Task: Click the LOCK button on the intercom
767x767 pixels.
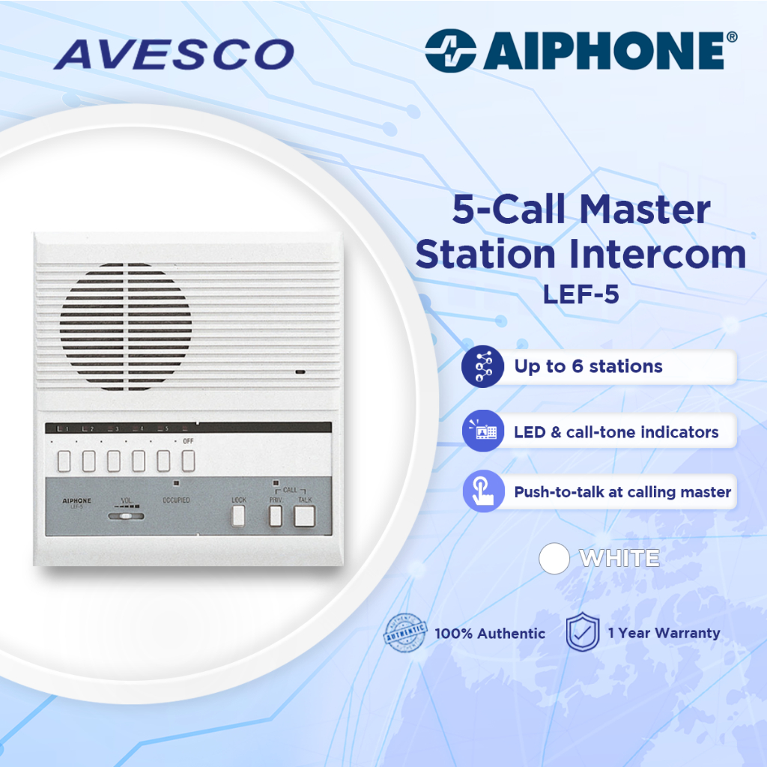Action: (x=238, y=515)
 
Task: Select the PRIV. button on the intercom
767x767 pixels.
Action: (x=275, y=515)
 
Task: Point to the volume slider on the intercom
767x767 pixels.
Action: (x=125, y=515)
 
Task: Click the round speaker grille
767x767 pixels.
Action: (x=126, y=327)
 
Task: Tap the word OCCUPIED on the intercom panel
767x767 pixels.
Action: (x=175, y=500)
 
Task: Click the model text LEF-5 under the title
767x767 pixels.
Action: (x=581, y=294)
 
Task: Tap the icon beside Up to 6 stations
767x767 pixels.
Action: (x=483, y=366)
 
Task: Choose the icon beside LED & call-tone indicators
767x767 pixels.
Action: (x=483, y=431)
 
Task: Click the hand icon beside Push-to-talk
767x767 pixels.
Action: (x=483, y=492)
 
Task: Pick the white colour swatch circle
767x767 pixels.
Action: (x=555, y=559)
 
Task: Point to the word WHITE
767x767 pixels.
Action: (x=619, y=559)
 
